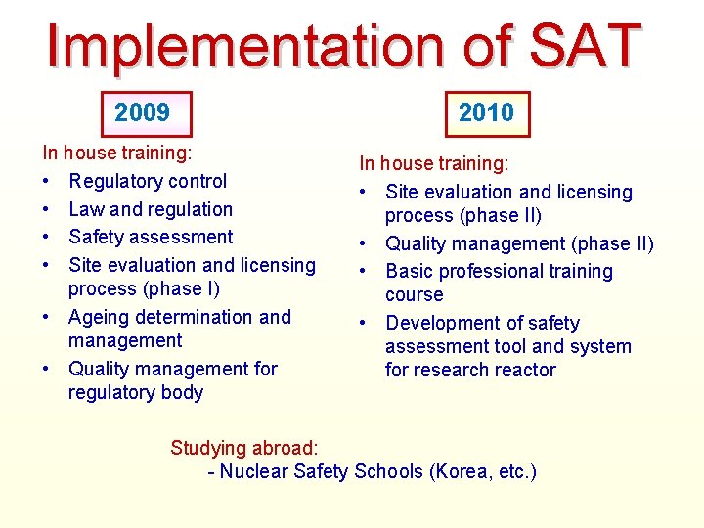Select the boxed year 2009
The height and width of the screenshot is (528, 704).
(x=142, y=113)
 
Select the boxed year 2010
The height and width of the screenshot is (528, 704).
(x=486, y=113)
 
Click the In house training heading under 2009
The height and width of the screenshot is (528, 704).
(x=116, y=154)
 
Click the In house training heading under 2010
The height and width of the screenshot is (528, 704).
(x=433, y=164)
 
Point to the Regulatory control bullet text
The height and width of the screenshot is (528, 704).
(x=148, y=181)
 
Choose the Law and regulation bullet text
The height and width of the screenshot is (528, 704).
(x=151, y=209)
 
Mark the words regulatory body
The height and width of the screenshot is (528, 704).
(x=136, y=393)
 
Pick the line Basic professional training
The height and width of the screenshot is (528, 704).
(x=499, y=272)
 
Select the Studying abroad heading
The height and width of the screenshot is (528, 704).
(x=244, y=448)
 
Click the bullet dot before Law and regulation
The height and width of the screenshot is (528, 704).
(x=48, y=209)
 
